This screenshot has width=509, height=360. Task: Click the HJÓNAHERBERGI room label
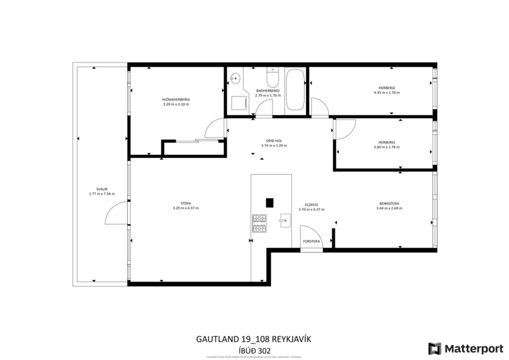click(175, 99)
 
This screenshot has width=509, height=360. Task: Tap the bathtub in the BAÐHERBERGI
click(295, 91)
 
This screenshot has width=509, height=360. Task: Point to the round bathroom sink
click(235, 77)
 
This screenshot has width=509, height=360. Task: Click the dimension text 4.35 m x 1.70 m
click(387, 92)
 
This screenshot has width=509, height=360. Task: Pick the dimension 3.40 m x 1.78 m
click(386, 147)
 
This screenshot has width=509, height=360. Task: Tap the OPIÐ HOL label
click(274, 141)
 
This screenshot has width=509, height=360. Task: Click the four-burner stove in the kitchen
click(259, 224)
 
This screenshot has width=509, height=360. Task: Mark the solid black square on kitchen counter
click(270, 202)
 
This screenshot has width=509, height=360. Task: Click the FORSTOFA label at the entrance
click(311, 240)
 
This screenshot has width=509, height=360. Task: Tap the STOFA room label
click(182, 203)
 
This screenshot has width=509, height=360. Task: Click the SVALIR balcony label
click(102, 189)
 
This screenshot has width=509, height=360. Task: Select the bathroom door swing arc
click(263, 107)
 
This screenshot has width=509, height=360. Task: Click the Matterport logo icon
click(435, 348)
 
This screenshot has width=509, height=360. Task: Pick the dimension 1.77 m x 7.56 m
click(102, 194)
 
